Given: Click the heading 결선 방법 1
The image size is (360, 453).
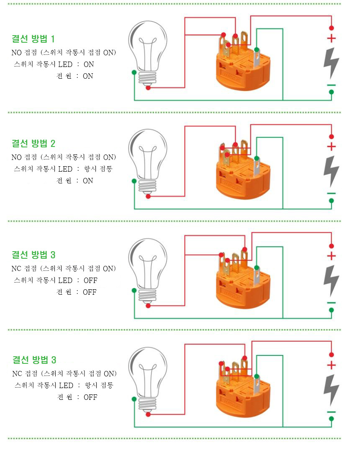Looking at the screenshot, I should pyautogui.click(x=33, y=39).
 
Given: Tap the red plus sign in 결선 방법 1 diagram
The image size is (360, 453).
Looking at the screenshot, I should pyautogui.click(x=332, y=39).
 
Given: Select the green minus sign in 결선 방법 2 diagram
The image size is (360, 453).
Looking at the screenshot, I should pyautogui.click(x=332, y=193).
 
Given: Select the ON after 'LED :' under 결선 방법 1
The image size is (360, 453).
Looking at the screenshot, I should pyautogui.click(x=89, y=64).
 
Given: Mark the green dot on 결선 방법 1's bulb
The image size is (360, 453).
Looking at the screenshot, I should pyautogui.click(x=134, y=72).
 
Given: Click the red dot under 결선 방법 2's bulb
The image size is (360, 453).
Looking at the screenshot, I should pyautogui.click(x=148, y=196).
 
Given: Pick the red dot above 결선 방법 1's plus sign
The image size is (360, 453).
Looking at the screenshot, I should pyautogui.click(x=332, y=28).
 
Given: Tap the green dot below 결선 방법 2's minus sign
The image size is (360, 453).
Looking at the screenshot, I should pyautogui.click(x=332, y=201).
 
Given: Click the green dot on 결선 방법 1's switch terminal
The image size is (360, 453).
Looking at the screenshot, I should pyautogui.click(x=257, y=49).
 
